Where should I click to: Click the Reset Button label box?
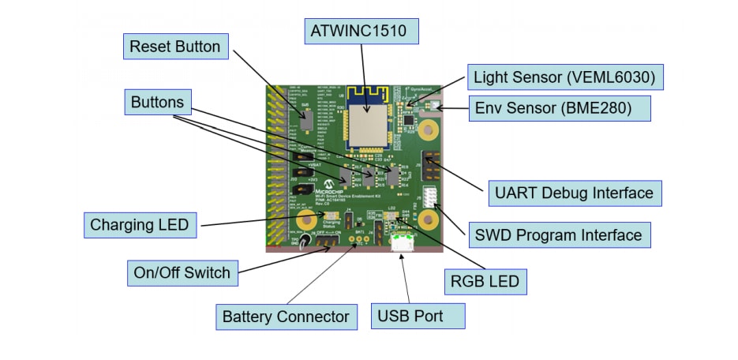[x=175, y=47]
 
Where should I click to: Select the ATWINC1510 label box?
[x=361, y=32]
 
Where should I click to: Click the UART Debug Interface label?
[x=573, y=193]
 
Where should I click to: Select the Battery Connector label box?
[x=285, y=317]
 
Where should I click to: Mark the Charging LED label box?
[x=140, y=224]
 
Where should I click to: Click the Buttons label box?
[x=157, y=102]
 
